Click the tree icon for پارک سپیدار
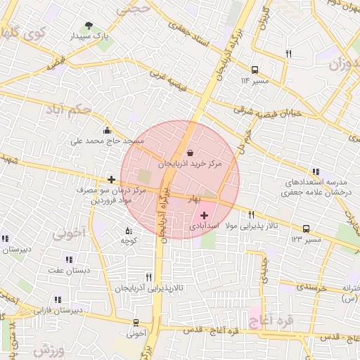(88, 26)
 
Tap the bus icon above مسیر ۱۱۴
(254, 70)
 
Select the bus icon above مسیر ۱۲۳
(306, 229)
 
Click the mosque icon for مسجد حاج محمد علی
(106, 130)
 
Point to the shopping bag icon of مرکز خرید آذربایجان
(191, 152)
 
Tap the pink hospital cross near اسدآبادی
(205, 215)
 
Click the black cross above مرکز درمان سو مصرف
(111, 179)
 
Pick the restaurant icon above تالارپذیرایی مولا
(251, 214)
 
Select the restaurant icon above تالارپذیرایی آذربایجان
(148, 278)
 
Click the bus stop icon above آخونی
(136, 323)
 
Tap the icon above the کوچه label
(128, 231)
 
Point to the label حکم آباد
(67, 110)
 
